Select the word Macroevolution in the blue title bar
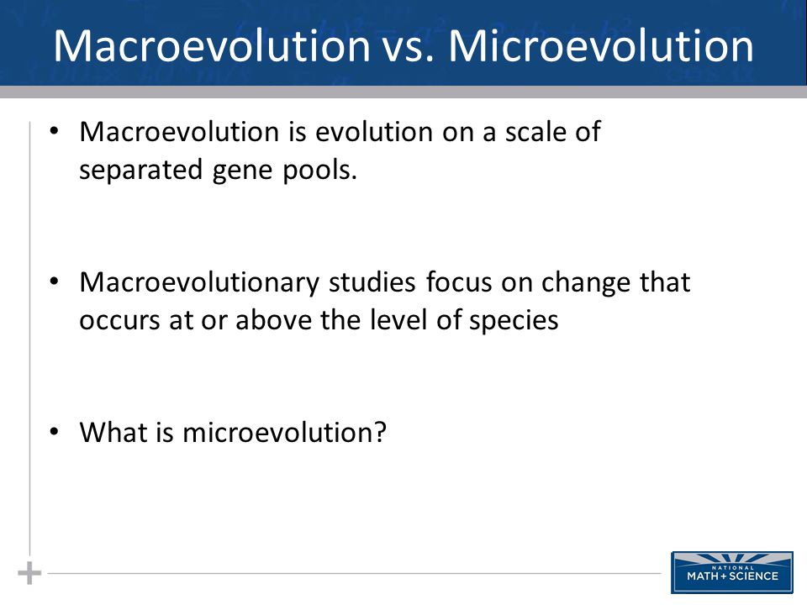pyautogui.click(x=212, y=45)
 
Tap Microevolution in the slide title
pyautogui.click(x=601, y=45)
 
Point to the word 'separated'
pyautogui.click(x=140, y=171)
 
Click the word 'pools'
pyautogui.click(x=319, y=170)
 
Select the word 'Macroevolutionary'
pyautogui.click(x=199, y=283)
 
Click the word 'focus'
pyautogui.click(x=459, y=282)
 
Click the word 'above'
pyautogui.click(x=272, y=320)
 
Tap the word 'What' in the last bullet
pyautogui.click(x=113, y=432)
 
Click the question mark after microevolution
pyautogui.click(x=380, y=432)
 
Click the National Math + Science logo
pyautogui.click(x=732, y=572)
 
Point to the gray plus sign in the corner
pyautogui.click(x=29, y=573)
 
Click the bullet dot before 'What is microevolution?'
pyautogui.click(x=54, y=432)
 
